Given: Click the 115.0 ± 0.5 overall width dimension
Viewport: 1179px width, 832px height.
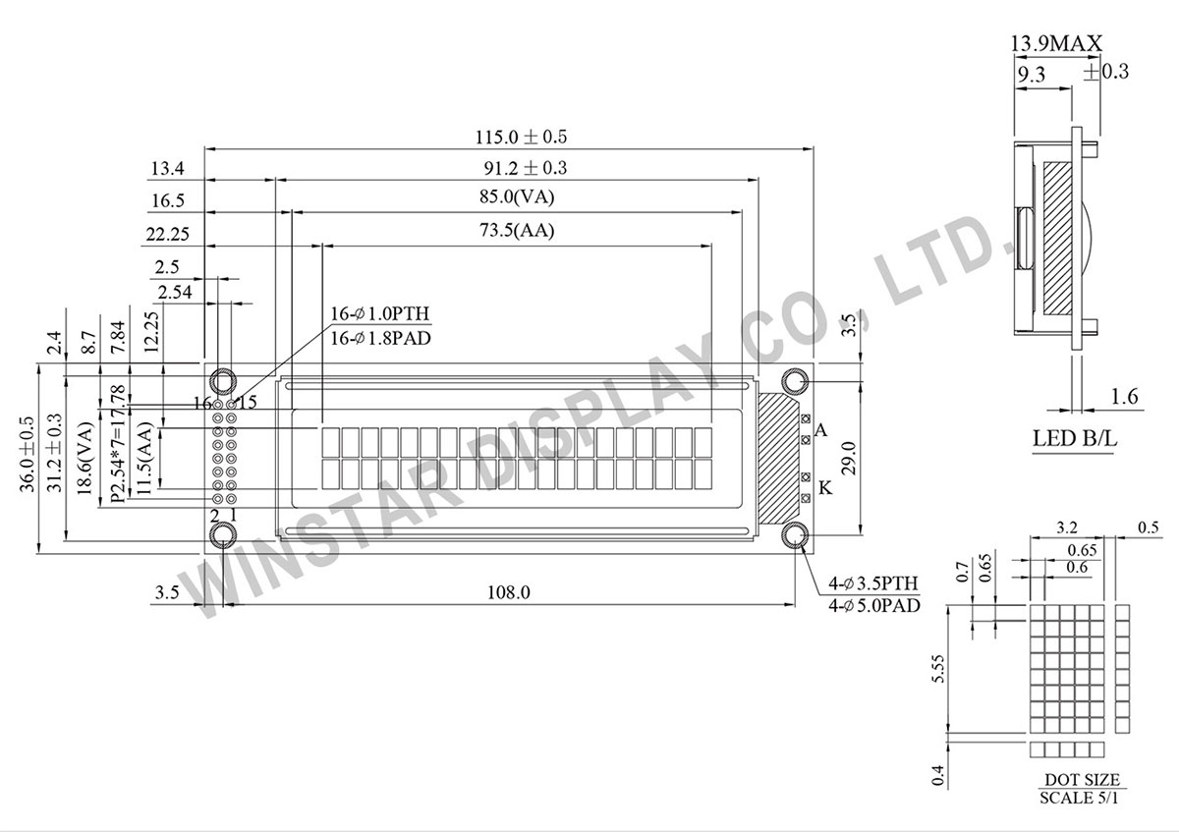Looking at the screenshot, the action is pyautogui.click(x=521, y=137).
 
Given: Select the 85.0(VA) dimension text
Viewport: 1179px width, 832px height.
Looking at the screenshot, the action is pyautogui.click(x=517, y=196).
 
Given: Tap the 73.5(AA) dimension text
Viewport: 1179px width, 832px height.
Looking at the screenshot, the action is pyautogui.click(x=517, y=230).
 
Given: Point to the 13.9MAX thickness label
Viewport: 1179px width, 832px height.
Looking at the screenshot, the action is pyautogui.click(x=1056, y=43).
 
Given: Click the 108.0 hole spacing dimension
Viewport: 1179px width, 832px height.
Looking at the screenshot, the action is pyautogui.click(x=509, y=592).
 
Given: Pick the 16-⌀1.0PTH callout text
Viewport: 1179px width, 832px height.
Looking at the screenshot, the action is pyautogui.click(x=380, y=313).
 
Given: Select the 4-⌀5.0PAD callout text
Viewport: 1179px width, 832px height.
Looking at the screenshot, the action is pyautogui.click(x=874, y=606).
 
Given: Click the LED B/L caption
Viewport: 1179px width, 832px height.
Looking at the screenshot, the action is pyautogui.click(x=1074, y=438).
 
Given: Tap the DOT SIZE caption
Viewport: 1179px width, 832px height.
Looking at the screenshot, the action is pyautogui.click(x=1082, y=779).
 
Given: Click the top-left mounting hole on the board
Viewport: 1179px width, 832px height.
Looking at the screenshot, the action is pyautogui.click(x=223, y=381).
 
